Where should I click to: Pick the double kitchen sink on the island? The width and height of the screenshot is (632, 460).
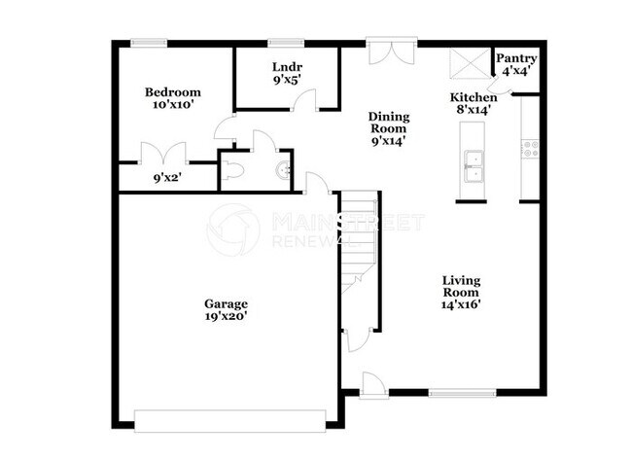click(474, 166)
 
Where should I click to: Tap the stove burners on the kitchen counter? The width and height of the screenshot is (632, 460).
click(531, 149)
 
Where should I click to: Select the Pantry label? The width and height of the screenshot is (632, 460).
click(516, 59)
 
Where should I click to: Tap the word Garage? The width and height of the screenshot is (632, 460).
click(225, 302)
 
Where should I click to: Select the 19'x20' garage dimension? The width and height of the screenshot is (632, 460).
click(225, 316)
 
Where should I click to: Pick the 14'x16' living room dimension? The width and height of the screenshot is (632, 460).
click(461, 303)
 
